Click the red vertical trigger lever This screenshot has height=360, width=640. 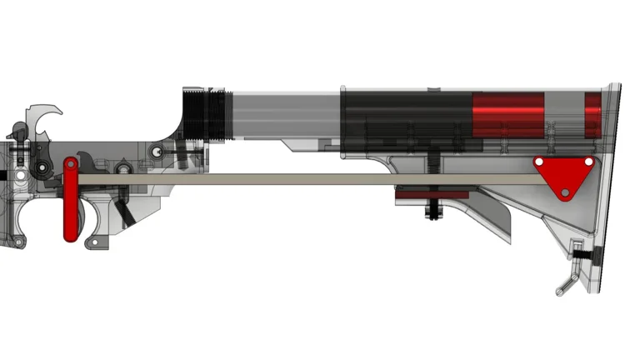[71, 204]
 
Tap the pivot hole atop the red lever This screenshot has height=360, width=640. [71, 167]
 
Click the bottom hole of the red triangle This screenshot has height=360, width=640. [565, 192]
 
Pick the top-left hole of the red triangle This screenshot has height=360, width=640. [540, 161]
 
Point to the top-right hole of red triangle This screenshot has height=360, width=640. [589, 161]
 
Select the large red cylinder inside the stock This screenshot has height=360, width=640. [508, 115]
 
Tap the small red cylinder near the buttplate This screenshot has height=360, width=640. [592, 115]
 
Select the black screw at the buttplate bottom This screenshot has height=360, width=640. [588, 252]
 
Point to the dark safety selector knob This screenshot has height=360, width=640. [17, 130]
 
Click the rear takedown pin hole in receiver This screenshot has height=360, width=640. [157, 152]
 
